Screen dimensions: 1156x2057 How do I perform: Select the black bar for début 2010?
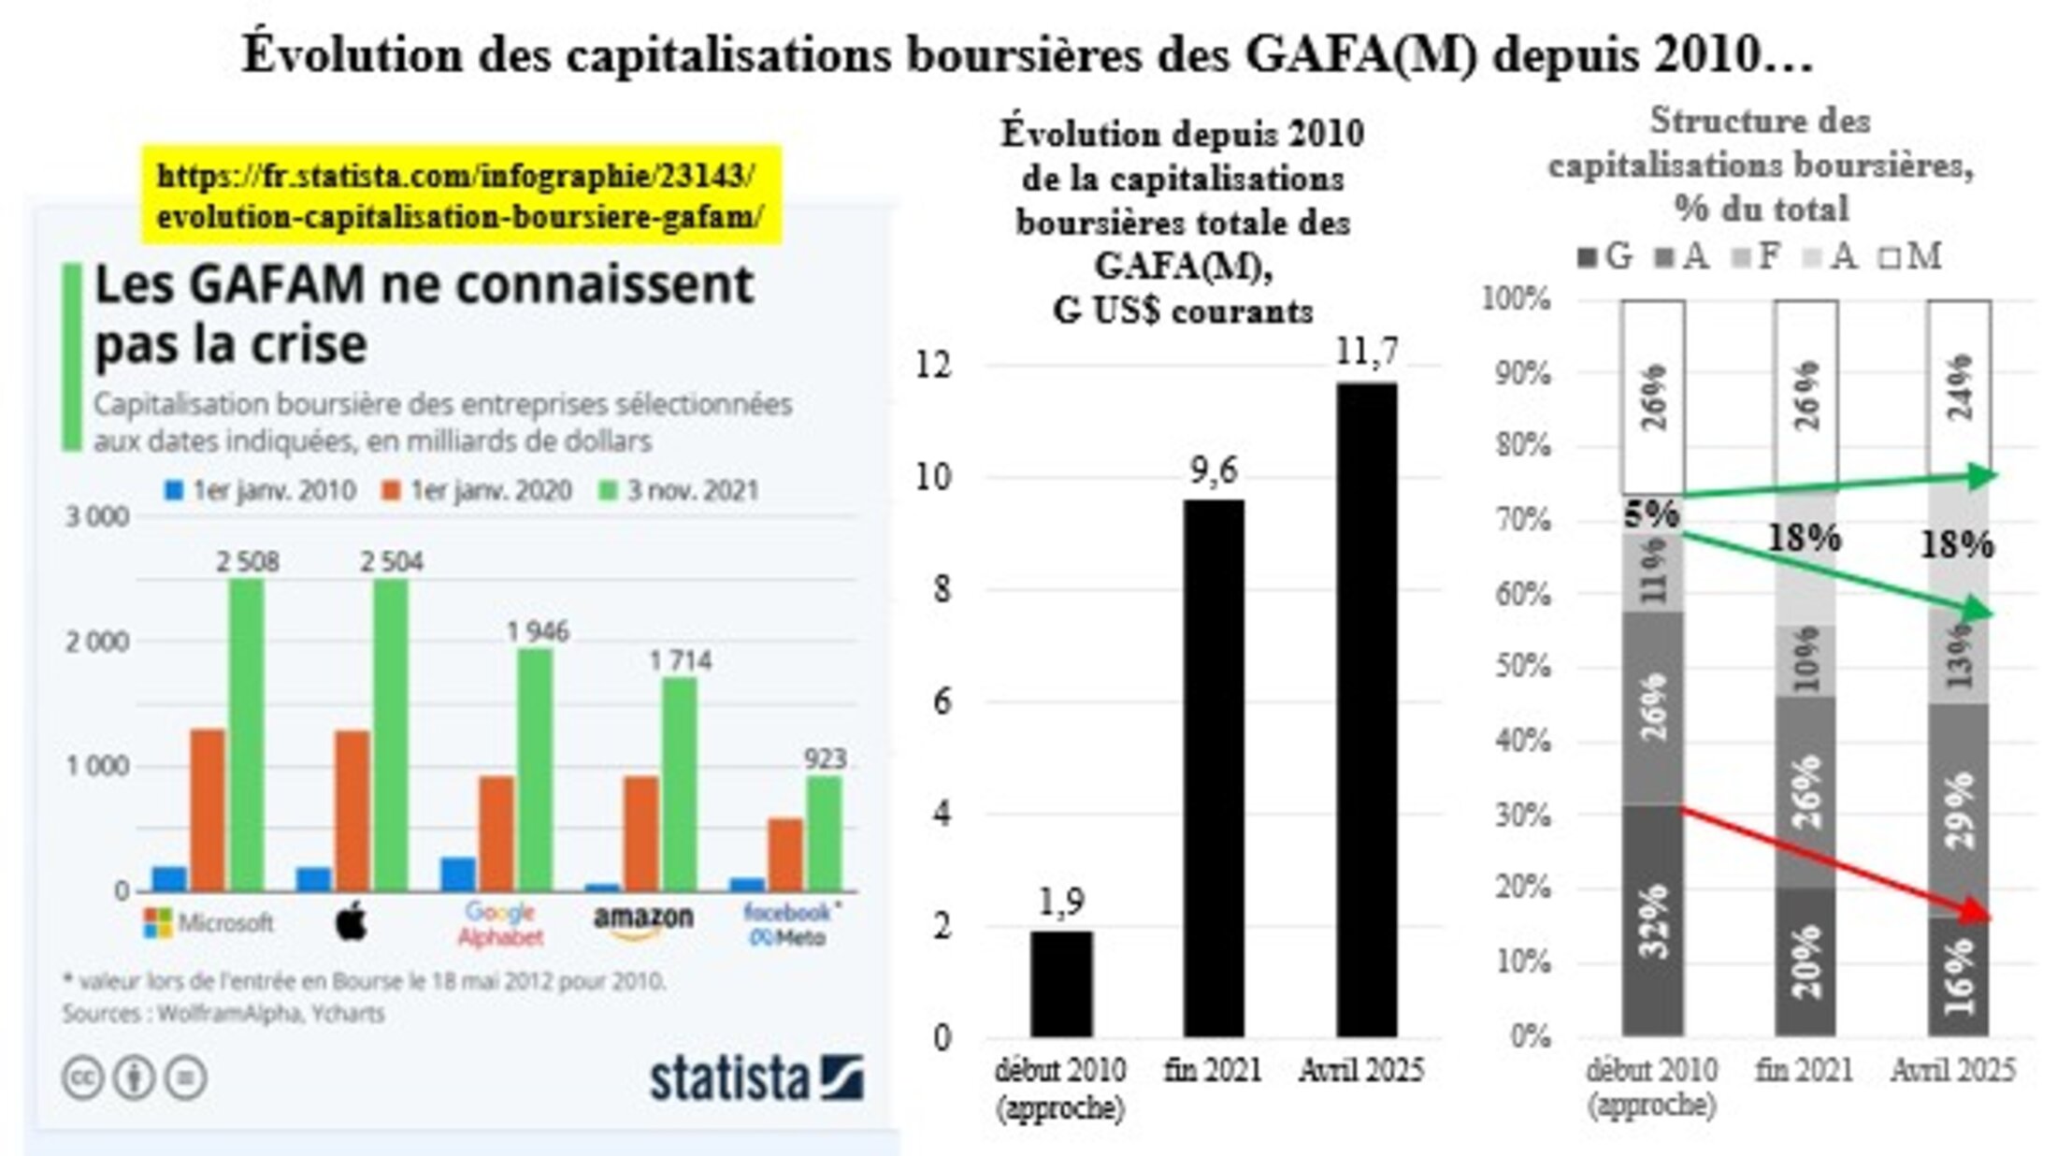[1061, 983]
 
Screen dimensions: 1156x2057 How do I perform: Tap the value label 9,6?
[1214, 471]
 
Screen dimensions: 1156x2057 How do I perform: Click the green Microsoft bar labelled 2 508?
[247, 734]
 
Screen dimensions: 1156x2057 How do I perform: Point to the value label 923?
[825, 759]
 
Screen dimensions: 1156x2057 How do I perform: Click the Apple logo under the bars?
[352, 923]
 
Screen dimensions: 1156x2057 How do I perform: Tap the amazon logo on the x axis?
[643, 920]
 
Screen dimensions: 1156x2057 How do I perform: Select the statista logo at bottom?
[756, 1078]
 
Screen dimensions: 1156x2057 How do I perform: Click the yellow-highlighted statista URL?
[460, 196]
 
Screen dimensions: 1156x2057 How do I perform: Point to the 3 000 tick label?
[97, 516]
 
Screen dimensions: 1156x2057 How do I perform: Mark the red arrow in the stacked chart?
[1833, 862]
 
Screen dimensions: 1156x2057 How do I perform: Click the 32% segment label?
[1653, 920]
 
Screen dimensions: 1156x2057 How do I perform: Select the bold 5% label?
[1651, 513]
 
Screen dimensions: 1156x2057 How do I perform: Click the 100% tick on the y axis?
[1517, 299]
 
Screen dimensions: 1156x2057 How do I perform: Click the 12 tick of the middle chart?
[933, 365]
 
